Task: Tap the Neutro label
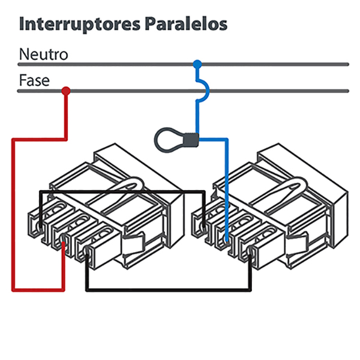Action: pyautogui.click(x=43, y=54)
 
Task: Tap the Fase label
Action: pyautogui.click(x=34, y=80)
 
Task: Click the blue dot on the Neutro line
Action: pyautogui.click(x=197, y=64)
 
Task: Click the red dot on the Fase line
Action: pyautogui.click(x=66, y=91)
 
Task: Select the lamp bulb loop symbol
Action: pyautogui.click(x=169, y=139)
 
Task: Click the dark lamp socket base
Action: pyautogui.click(x=191, y=139)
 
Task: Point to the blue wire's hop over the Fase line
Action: pyautogui.click(x=204, y=90)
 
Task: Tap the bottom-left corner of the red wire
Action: pyautogui.click(x=13, y=290)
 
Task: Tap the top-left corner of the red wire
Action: pyautogui.click(x=13, y=140)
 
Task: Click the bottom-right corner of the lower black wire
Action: pyautogui.click(x=250, y=290)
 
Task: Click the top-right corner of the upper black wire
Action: pyautogui.click(x=203, y=193)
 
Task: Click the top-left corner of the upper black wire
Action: pyautogui.click(x=41, y=193)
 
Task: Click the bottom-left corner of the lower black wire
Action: pyautogui.click(x=88, y=290)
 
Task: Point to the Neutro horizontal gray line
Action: pyautogui.click(x=270, y=64)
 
